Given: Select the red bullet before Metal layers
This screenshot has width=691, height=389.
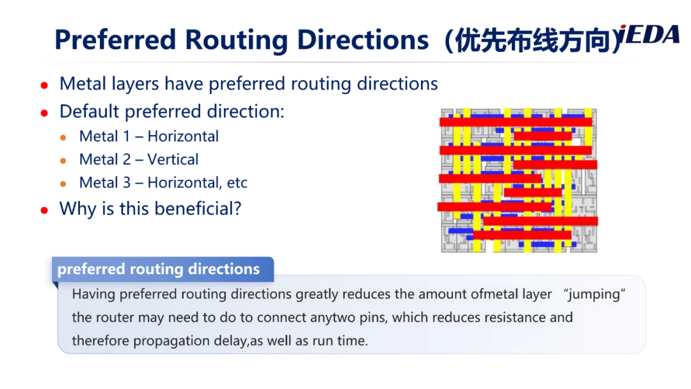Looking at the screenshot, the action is coord(44,85).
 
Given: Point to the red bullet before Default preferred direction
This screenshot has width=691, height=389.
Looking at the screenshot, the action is coord(44,113).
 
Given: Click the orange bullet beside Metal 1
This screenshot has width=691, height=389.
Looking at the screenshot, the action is coord(63,138).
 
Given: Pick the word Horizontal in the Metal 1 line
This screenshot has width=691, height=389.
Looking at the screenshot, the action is coord(183,136).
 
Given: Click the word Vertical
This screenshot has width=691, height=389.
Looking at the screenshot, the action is coord(173,159).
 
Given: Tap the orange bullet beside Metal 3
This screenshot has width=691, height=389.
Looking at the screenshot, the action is coord(63,184).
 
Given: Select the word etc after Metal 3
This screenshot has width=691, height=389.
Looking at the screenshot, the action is coord(237,183).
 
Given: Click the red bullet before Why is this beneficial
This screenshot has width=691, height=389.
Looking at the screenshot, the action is coord(44,210).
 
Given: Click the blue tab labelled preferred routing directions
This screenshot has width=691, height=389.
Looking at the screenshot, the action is coord(163,269).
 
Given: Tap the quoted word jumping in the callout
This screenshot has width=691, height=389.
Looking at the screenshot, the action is coord(594,294).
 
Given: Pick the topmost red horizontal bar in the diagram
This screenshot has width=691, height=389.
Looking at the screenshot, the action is coord(516,122).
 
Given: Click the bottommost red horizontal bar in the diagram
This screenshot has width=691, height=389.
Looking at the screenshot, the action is coord(522,235).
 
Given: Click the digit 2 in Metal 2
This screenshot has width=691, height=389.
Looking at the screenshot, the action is coord(127,159).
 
